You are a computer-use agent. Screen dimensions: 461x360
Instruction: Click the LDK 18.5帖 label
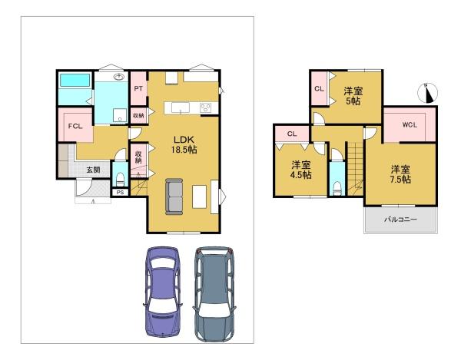coord(184,144)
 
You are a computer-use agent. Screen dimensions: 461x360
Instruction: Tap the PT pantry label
coord(138,88)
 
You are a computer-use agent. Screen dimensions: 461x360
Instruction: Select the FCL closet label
coord(75,126)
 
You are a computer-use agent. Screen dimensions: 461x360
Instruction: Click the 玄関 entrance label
coord(93,170)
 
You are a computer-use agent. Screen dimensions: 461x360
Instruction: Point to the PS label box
coord(121,193)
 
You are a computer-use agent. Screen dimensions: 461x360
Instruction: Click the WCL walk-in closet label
coord(410,125)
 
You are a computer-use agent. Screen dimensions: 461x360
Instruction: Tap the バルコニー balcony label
coord(401,220)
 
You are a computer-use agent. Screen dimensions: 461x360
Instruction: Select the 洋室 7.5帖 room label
coord(400,174)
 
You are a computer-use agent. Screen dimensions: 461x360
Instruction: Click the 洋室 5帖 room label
coord(353,96)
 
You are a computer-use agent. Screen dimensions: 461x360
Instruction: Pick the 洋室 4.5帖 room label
coord(300,170)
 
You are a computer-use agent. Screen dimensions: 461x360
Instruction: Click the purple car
coord(163,291)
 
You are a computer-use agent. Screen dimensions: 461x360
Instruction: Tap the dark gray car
coord(214,294)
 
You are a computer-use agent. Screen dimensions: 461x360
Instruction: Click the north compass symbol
coord(427,93)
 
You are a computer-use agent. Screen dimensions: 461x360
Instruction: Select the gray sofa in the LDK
coord(174,197)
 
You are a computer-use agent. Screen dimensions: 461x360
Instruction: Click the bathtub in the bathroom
coord(75,80)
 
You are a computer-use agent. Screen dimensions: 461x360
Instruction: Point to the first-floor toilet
coord(120,180)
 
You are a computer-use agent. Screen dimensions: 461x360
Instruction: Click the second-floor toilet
coord(337,188)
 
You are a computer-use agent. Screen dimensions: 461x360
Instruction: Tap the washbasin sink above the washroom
coord(118,77)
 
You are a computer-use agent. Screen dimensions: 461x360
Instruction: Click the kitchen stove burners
coord(205,107)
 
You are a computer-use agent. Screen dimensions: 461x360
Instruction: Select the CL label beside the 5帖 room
coord(319,88)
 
